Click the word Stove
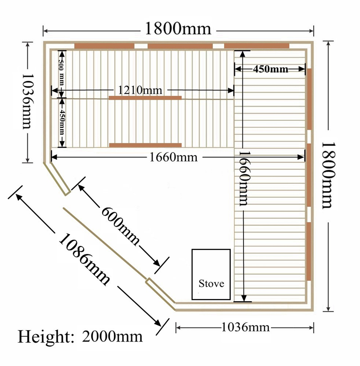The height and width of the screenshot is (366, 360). click(211, 284)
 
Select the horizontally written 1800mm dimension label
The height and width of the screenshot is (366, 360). click(178, 29)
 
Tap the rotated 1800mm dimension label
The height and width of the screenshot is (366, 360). click(329, 175)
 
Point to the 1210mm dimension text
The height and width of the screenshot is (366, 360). click(140, 90)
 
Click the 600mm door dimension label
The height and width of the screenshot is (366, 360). click(120, 225)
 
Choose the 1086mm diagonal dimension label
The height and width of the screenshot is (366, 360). click(84, 259)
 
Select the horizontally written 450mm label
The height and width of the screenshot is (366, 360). click(270, 69)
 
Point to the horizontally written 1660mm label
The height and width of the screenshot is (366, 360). click(173, 157)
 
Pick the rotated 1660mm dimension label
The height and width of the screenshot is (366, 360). click(245, 179)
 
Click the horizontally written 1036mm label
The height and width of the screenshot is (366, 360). click(245, 327)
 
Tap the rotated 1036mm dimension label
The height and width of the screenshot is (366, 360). click(28, 102)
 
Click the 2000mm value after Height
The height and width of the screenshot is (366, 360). click(112, 337)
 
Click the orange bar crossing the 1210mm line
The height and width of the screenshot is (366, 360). click(145, 98)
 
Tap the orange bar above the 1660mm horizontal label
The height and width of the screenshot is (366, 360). click(145, 145)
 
